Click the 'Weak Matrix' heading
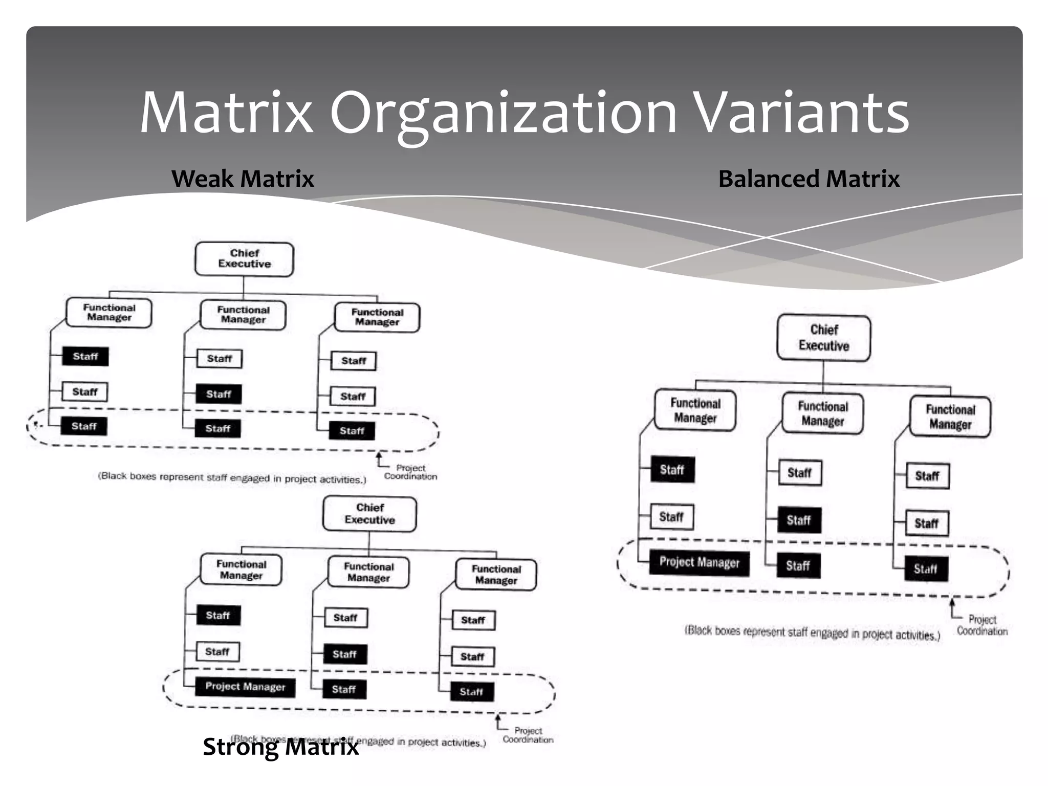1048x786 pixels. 243,179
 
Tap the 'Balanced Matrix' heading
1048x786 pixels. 809,179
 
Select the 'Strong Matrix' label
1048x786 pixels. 280,747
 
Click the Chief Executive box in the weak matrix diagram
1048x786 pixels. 244,259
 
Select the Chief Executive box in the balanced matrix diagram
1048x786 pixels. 823,338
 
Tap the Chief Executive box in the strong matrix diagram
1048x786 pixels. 369,514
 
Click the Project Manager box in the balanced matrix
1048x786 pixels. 699,562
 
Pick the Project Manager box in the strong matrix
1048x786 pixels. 245,686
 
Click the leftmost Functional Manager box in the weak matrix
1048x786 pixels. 109,313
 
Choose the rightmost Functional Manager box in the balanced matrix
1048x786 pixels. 950,417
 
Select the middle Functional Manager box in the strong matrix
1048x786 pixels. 368,573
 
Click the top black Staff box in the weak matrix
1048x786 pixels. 85,356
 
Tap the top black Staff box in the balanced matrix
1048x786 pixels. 672,469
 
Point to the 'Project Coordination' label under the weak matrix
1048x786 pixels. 410,472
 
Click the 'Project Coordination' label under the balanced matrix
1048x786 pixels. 982,625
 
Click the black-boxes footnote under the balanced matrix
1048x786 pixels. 812,633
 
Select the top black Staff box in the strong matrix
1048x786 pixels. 218,615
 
